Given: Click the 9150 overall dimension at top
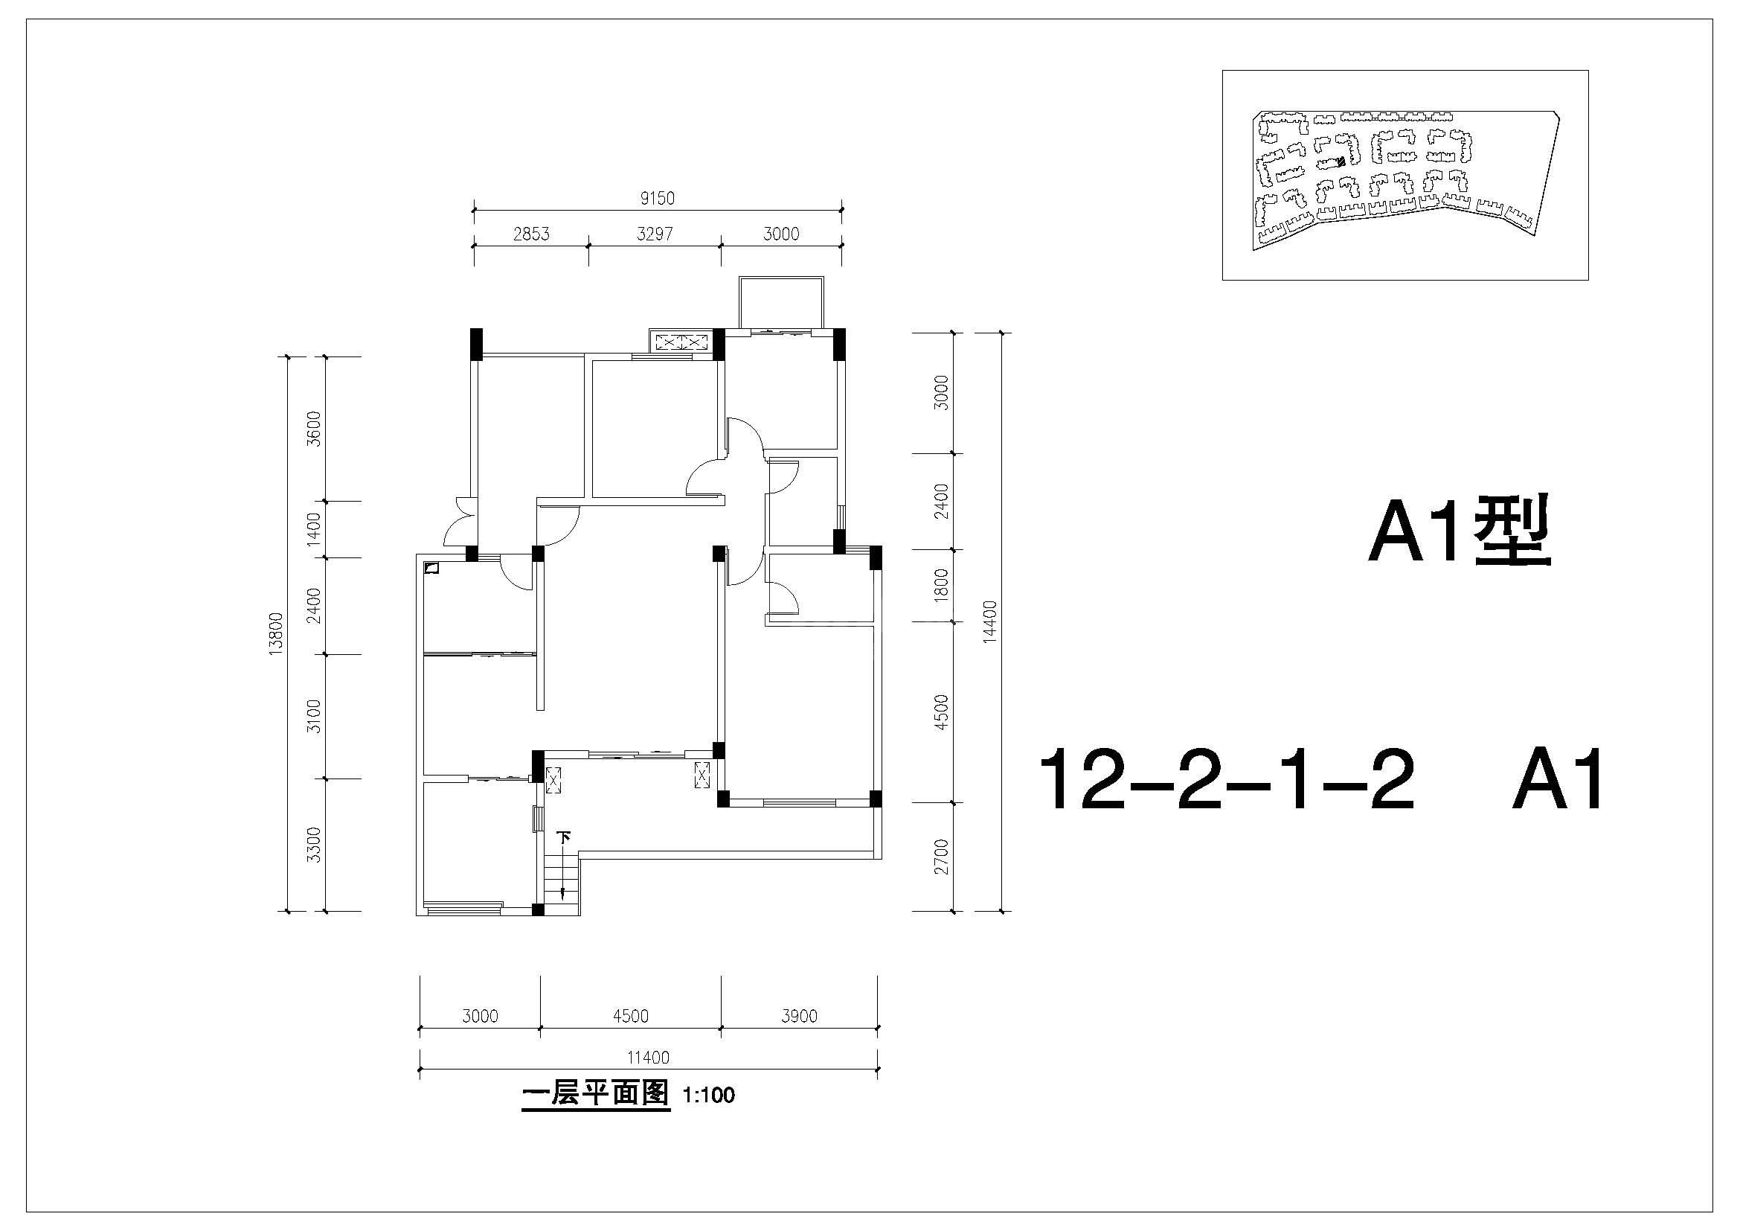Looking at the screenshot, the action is pos(657,199).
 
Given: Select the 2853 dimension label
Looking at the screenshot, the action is pos(531,234).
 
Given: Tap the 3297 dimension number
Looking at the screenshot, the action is pos(655,234).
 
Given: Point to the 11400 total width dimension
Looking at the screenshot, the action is pos(649,1058).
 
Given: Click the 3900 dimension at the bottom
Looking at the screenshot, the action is pos(800,1016).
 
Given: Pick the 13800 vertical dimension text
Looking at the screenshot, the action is pos(276,633).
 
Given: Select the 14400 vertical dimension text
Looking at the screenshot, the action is pos(989,621).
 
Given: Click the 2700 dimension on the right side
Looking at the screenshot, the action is pos(942,857).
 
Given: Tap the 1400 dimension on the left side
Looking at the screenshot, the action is pos(314,529).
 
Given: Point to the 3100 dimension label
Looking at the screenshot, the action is pos(314,716).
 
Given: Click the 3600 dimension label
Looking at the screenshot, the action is pos(314,429).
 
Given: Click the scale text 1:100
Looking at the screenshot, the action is pos(709,1096).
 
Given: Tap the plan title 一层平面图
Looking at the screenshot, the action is pos(596,1094).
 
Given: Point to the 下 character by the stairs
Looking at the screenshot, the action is pos(564,837).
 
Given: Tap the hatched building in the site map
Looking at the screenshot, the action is pos(1341,161).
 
